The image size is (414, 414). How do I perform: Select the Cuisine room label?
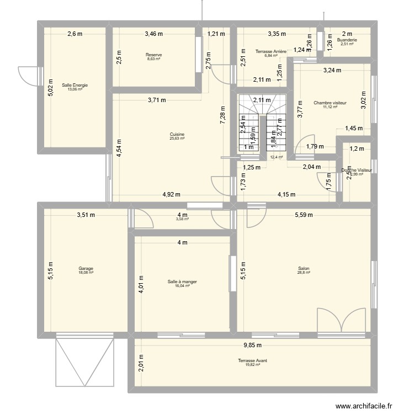pos(177,134)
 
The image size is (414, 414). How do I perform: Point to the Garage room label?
pos(86,269)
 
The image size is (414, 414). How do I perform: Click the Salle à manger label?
pos(182,282)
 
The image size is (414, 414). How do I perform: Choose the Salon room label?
pos(304,269)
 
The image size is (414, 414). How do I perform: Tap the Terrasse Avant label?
pos(252,360)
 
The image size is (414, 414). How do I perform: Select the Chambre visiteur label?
pos(329,103)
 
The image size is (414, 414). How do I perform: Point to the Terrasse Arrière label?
pos(270,51)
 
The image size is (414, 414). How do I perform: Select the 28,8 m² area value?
pos(304,273)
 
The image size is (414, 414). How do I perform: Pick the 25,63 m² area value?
pos(177,139)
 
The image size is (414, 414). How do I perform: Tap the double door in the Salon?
pos(341,321)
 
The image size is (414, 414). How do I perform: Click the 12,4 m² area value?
pos(276,157)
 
